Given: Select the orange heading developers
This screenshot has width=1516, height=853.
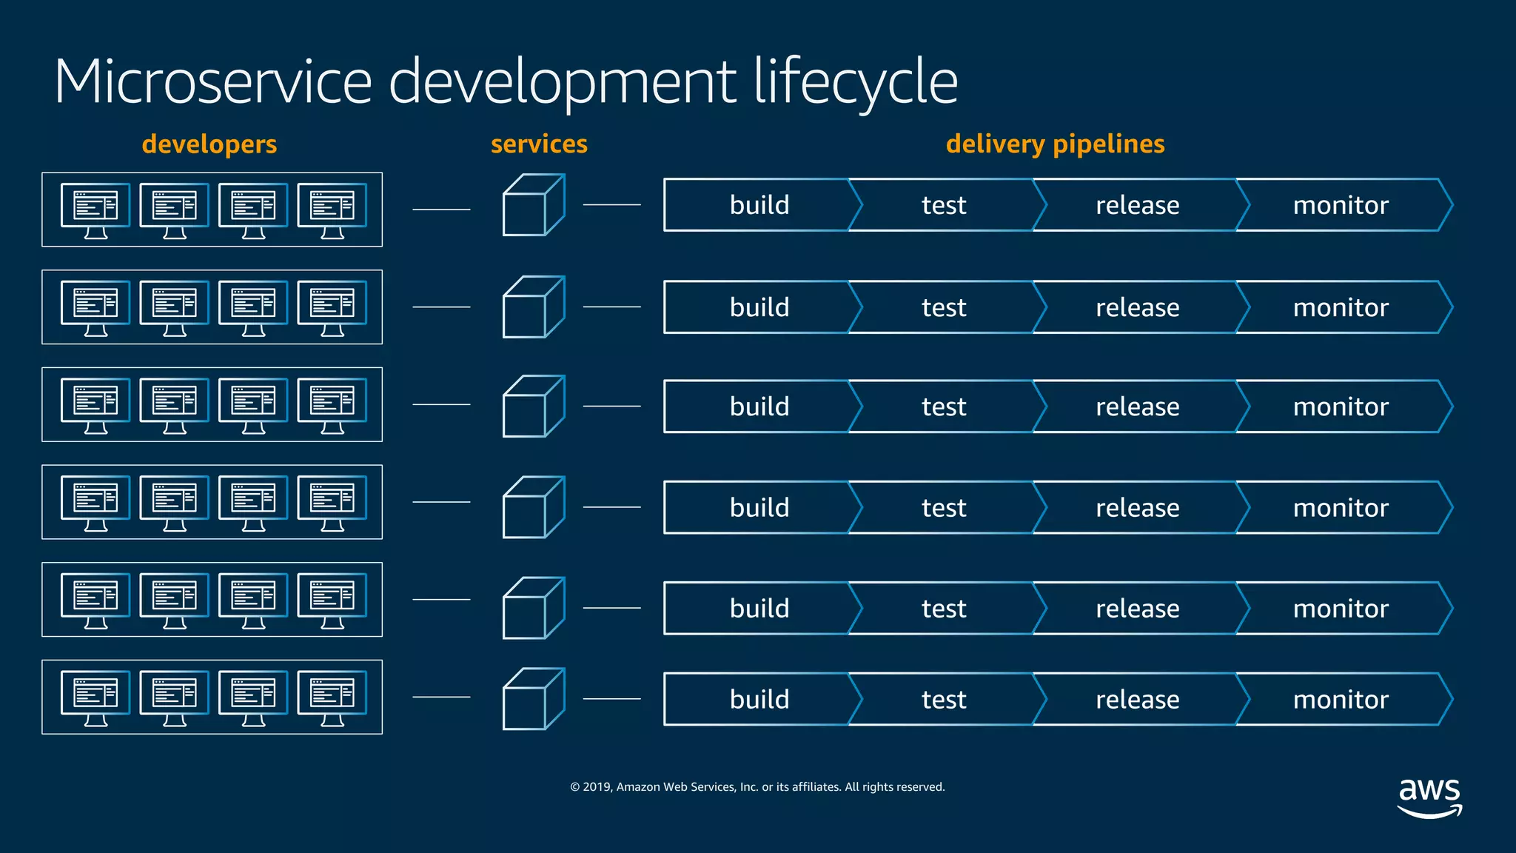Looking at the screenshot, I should pyautogui.click(x=209, y=144).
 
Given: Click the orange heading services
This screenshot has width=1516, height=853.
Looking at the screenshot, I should pyautogui.click(x=539, y=144).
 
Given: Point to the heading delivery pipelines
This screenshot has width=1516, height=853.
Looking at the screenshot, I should pyautogui.click(x=1055, y=144).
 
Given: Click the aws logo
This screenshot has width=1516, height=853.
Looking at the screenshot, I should pyautogui.click(x=1429, y=797).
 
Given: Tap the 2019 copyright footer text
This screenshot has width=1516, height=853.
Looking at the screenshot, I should pyautogui.click(x=757, y=786).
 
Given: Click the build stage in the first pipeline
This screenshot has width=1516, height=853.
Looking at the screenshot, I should pyautogui.click(x=759, y=205).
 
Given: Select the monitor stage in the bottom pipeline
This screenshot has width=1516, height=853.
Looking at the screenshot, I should pyautogui.click(x=1341, y=699).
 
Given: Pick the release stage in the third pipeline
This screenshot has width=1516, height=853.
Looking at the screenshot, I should pyautogui.click(x=1137, y=407).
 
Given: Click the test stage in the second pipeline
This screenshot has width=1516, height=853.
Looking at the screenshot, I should pyautogui.click(x=944, y=307).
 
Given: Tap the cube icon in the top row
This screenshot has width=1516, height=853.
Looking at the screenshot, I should pyautogui.click(x=533, y=205).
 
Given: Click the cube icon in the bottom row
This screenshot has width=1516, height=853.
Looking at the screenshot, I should pyautogui.click(x=533, y=699).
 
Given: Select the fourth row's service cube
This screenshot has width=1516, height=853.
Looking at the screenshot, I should pyautogui.click(x=533, y=507).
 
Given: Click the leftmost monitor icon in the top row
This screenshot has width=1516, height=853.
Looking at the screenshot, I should pyautogui.click(x=95, y=210).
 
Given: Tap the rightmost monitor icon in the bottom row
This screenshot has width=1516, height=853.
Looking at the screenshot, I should pyautogui.click(x=332, y=698).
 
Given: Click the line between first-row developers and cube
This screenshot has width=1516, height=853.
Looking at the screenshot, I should pyautogui.click(x=441, y=210).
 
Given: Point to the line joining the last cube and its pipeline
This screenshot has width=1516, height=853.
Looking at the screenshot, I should pyautogui.click(x=611, y=698).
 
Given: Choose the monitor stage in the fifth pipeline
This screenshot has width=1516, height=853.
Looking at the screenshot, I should pyautogui.click(x=1341, y=608).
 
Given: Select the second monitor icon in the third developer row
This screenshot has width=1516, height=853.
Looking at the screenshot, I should pyautogui.click(x=175, y=405).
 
